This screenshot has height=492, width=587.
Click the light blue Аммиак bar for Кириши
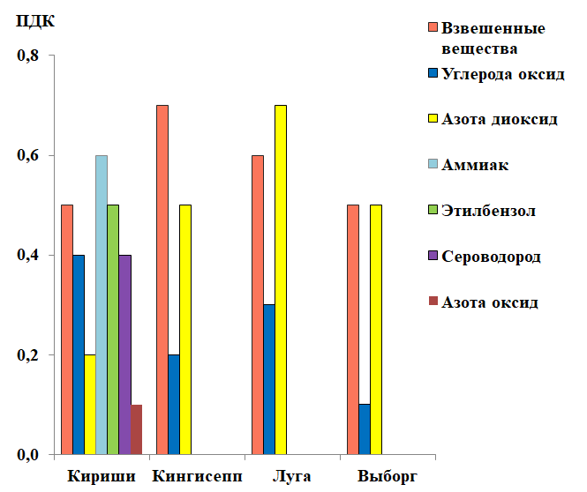coord(102,305)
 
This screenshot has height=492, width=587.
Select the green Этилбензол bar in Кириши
coord(113,330)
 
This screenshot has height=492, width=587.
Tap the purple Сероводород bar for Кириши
coord(124,354)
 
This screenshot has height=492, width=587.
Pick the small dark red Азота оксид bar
coord(136,430)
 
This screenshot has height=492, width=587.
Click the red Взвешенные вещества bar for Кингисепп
coord(162,280)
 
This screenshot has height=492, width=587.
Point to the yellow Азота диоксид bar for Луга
coord(281,280)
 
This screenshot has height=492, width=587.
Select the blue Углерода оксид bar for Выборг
coord(365,429)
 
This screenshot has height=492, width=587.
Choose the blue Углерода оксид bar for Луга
coord(269,380)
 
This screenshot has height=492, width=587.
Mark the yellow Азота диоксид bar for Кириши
coord(90,405)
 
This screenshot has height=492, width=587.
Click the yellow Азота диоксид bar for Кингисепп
coord(185,330)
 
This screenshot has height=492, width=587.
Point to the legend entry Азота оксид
coord(489,302)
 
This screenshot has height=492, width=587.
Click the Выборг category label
coord(388,477)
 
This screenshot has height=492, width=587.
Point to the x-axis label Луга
coord(292,477)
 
